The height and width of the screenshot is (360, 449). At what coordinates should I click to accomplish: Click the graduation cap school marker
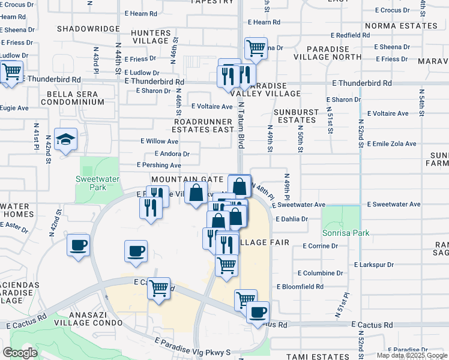[x=66, y=139]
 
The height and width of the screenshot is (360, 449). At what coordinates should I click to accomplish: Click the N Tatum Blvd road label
[x=242, y=125]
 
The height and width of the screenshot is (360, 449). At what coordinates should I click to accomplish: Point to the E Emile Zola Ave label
[x=388, y=144]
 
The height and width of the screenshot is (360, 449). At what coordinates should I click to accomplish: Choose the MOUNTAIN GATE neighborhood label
[x=187, y=179]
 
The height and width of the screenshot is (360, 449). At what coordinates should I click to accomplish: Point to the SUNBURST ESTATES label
[x=294, y=116]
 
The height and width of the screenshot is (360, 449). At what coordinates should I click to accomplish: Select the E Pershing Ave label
[x=159, y=165]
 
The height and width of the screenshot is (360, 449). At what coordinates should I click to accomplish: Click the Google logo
[x=20, y=353]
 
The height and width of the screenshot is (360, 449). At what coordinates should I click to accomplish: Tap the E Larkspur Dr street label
[x=374, y=265]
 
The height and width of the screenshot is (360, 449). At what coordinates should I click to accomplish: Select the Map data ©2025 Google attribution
[x=412, y=355]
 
